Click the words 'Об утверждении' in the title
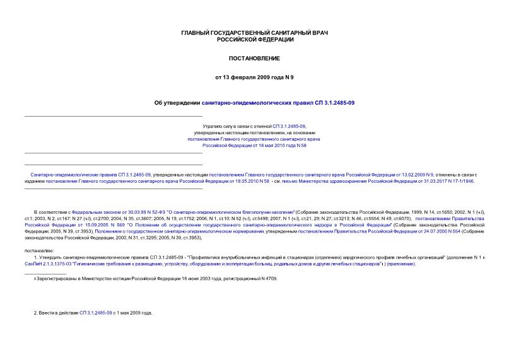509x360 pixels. (x=177, y=102)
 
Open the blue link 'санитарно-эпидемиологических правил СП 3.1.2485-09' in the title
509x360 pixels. (x=278, y=102)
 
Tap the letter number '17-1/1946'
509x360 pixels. (x=462, y=180)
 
